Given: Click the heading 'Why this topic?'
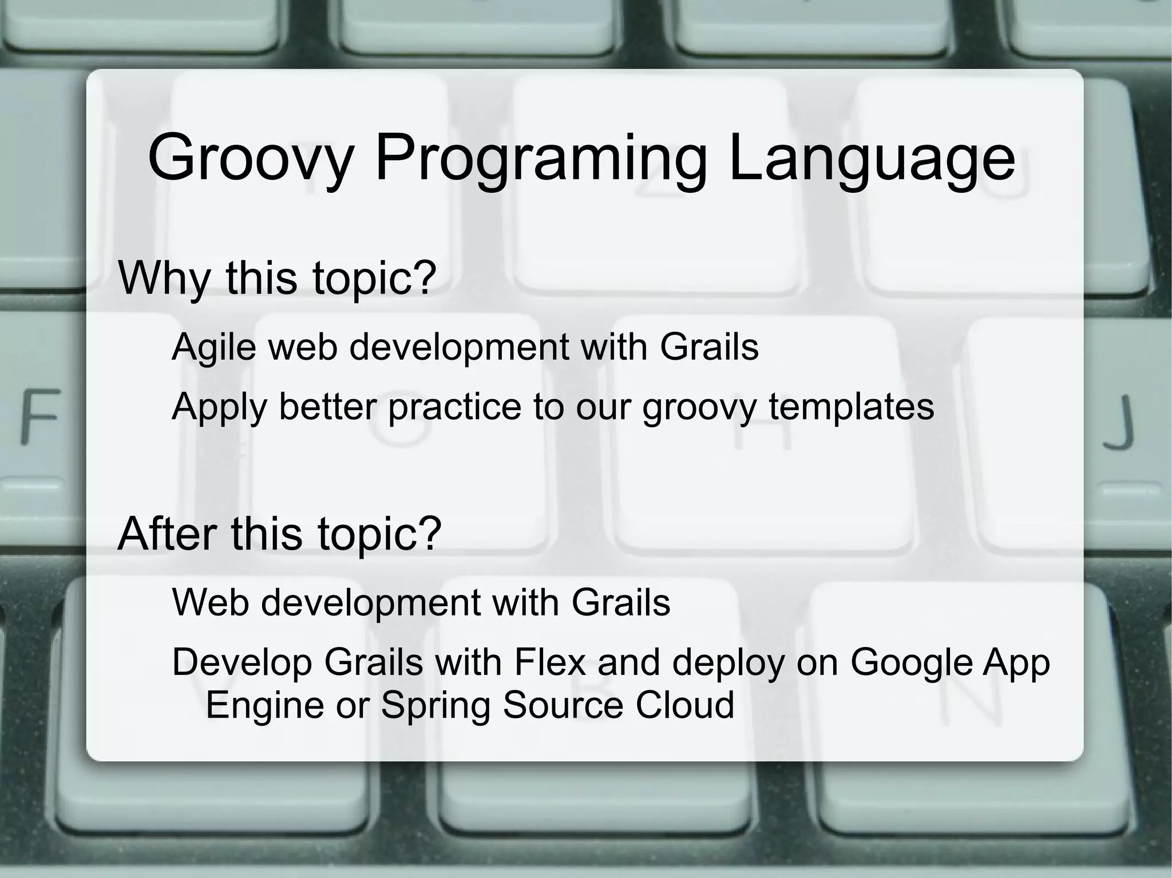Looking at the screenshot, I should coord(277,278).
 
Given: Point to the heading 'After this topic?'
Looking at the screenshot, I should coord(279,533).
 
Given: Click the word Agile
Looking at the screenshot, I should coord(213,347).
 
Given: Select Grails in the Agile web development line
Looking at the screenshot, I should coord(709,347).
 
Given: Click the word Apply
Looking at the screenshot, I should coord(219,407).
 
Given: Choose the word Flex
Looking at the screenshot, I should coord(550,662).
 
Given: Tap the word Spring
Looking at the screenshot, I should coord(435,705).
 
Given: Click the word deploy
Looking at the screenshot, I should coord(728,663).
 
